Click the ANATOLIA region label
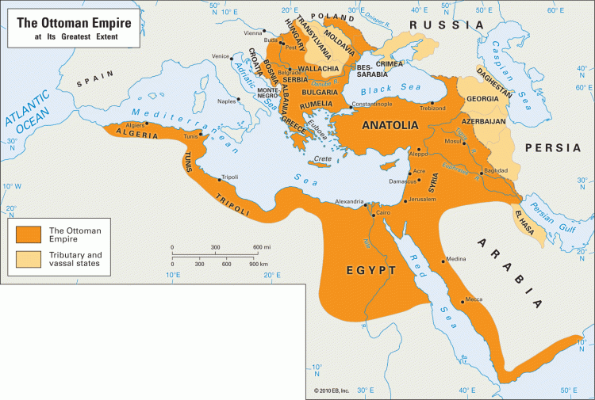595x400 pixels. coord(390,125)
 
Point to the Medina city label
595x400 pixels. coord(456,259)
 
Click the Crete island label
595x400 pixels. coord(323,158)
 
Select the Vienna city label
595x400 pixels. coord(252,32)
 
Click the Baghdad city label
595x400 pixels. coord(496,170)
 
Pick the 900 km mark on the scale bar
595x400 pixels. coord(258,263)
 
